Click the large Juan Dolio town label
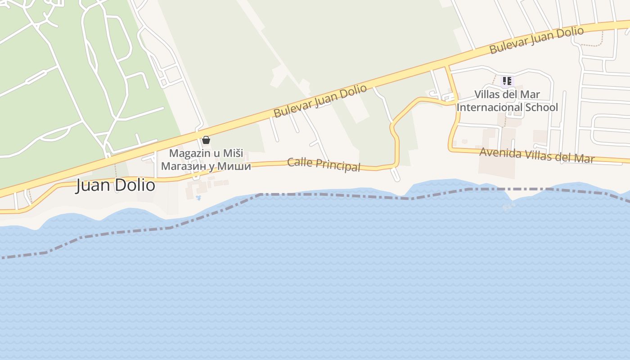point(116,185)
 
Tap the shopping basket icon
point(206,140)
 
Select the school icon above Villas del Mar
point(507,81)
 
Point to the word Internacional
point(486,108)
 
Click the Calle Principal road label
point(324,164)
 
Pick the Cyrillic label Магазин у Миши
point(206,166)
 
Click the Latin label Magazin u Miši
point(206,153)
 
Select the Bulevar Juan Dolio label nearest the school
point(536,40)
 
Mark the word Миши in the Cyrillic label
point(236,166)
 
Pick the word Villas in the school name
point(487,94)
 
